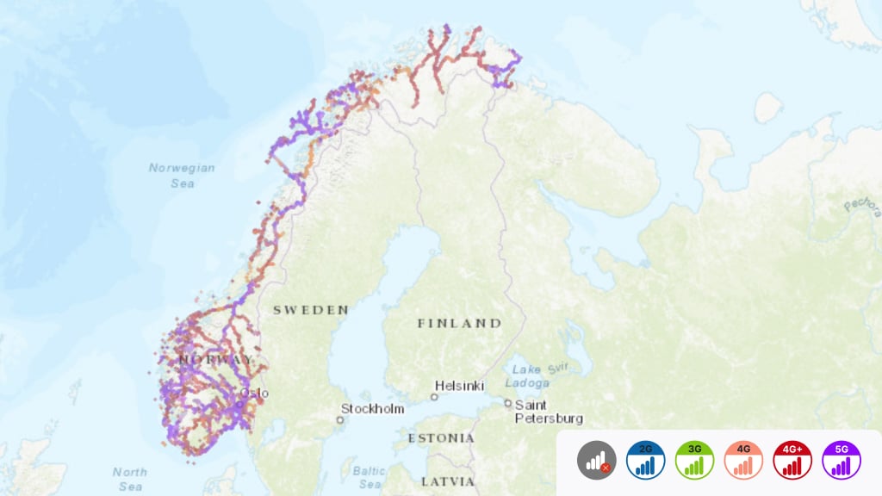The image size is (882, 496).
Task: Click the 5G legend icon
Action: click(x=842, y=460)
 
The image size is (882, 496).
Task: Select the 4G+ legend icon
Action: click(x=792, y=460)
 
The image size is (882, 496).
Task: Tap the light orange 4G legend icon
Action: click(x=743, y=460)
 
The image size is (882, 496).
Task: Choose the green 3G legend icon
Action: click(x=694, y=460)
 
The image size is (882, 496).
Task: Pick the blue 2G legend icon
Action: click(x=645, y=460)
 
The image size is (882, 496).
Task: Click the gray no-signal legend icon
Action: click(x=596, y=460)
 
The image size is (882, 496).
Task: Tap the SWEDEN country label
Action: click(x=311, y=309)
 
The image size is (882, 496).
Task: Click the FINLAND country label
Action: click(x=459, y=323)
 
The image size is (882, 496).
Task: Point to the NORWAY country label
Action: click(x=215, y=358)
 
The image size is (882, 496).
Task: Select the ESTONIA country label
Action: click(x=441, y=438)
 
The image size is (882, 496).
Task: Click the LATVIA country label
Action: click(x=448, y=480)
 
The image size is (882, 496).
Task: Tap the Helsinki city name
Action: click(x=459, y=386)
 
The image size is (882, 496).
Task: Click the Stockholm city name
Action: click(x=372, y=408)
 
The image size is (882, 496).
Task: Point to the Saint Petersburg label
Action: click(x=549, y=411)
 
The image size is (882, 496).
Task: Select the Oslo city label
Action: click(x=255, y=394)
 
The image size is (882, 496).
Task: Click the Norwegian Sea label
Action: click(x=181, y=175)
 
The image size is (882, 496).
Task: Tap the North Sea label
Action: click(x=129, y=478)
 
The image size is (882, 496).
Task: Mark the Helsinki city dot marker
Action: click(x=434, y=397)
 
